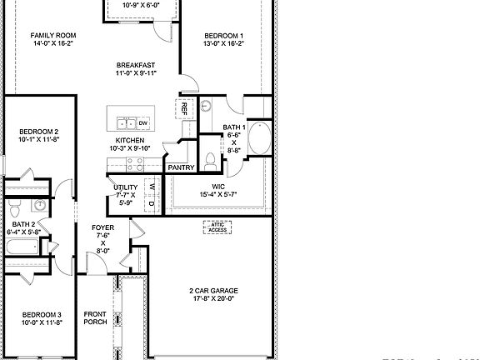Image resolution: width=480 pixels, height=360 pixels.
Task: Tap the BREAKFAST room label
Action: [x=135, y=65]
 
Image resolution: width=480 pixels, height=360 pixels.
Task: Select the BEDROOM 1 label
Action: [x=224, y=36]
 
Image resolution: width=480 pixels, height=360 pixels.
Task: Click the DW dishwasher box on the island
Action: [x=143, y=123]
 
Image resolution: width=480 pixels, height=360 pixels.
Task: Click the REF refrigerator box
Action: [x=183, y=107]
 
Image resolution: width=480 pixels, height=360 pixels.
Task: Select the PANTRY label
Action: [x=181, y=168]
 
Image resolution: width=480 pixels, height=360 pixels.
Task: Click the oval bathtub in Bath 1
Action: [x=259, y=138]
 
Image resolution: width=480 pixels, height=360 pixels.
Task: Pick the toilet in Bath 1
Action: [x=212, y=160]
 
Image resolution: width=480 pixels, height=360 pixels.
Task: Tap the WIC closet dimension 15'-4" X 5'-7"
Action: [x=219, y=194]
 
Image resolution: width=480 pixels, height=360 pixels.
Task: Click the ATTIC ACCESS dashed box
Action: [x=218, y=227]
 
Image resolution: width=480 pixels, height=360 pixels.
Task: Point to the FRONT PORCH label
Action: [x=96, y=318]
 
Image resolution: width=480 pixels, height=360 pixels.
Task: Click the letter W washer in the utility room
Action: [x=152, y=186]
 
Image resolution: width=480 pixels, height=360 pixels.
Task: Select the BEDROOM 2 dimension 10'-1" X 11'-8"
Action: [x=39, y=141]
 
